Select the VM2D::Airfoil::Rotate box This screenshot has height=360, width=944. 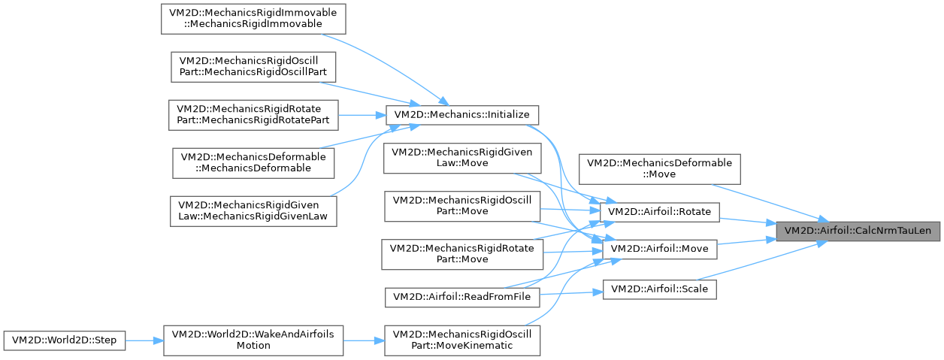659,211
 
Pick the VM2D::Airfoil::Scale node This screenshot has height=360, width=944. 660,289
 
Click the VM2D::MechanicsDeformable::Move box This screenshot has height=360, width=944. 660,168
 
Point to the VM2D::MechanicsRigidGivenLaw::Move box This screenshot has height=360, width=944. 462,158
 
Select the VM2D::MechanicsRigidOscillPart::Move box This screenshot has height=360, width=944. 462,206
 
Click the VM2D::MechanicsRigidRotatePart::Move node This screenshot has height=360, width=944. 462,254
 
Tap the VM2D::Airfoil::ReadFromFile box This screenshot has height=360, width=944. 462,297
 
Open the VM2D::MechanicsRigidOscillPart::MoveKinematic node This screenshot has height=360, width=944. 462,340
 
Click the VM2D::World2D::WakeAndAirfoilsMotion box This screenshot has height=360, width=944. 253,340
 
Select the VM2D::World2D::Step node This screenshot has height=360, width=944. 65,340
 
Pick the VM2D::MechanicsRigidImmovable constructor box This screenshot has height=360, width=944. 253,19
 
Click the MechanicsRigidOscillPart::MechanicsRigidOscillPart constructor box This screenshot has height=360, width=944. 253,67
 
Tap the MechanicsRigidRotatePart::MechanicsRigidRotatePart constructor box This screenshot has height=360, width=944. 253,115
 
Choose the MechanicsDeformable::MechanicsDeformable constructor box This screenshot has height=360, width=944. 253,163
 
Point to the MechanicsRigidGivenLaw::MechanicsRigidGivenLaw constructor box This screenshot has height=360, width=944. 253,211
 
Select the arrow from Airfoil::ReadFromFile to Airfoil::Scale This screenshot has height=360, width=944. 571,293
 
